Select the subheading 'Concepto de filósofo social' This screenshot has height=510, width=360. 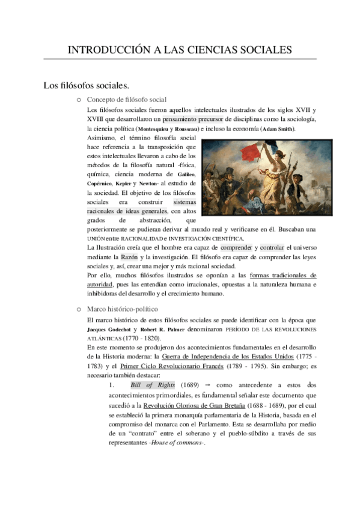(x=127, y=99)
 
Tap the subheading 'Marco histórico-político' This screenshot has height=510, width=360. (x=122, y=309)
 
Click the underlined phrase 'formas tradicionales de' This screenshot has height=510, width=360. (x=282, y=275)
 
